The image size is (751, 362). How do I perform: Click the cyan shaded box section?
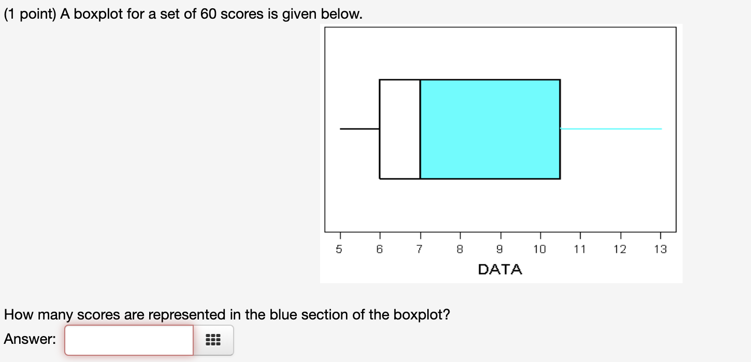point(489,129)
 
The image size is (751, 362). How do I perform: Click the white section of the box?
point(399,129)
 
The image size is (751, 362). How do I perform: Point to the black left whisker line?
point(359,129)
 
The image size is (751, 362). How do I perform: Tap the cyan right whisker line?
point(611,129)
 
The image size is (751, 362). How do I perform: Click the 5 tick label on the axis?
point(339,249)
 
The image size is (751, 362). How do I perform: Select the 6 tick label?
point(380,249)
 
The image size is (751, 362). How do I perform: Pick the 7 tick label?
point(420,249)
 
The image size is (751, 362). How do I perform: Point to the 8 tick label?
point(460,249)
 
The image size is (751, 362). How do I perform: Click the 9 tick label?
point(500,249)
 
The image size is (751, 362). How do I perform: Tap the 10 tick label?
point(540,249)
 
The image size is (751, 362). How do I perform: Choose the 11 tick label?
point(580,249)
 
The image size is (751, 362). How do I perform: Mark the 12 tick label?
point(620,249)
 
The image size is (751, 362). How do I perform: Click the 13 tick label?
point(660,249)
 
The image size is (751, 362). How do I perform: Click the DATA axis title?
point(500,270)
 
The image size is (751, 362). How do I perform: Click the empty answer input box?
point(128,340)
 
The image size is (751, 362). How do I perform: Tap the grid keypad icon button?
point(213,340)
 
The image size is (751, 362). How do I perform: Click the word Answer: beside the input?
point(30,339)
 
